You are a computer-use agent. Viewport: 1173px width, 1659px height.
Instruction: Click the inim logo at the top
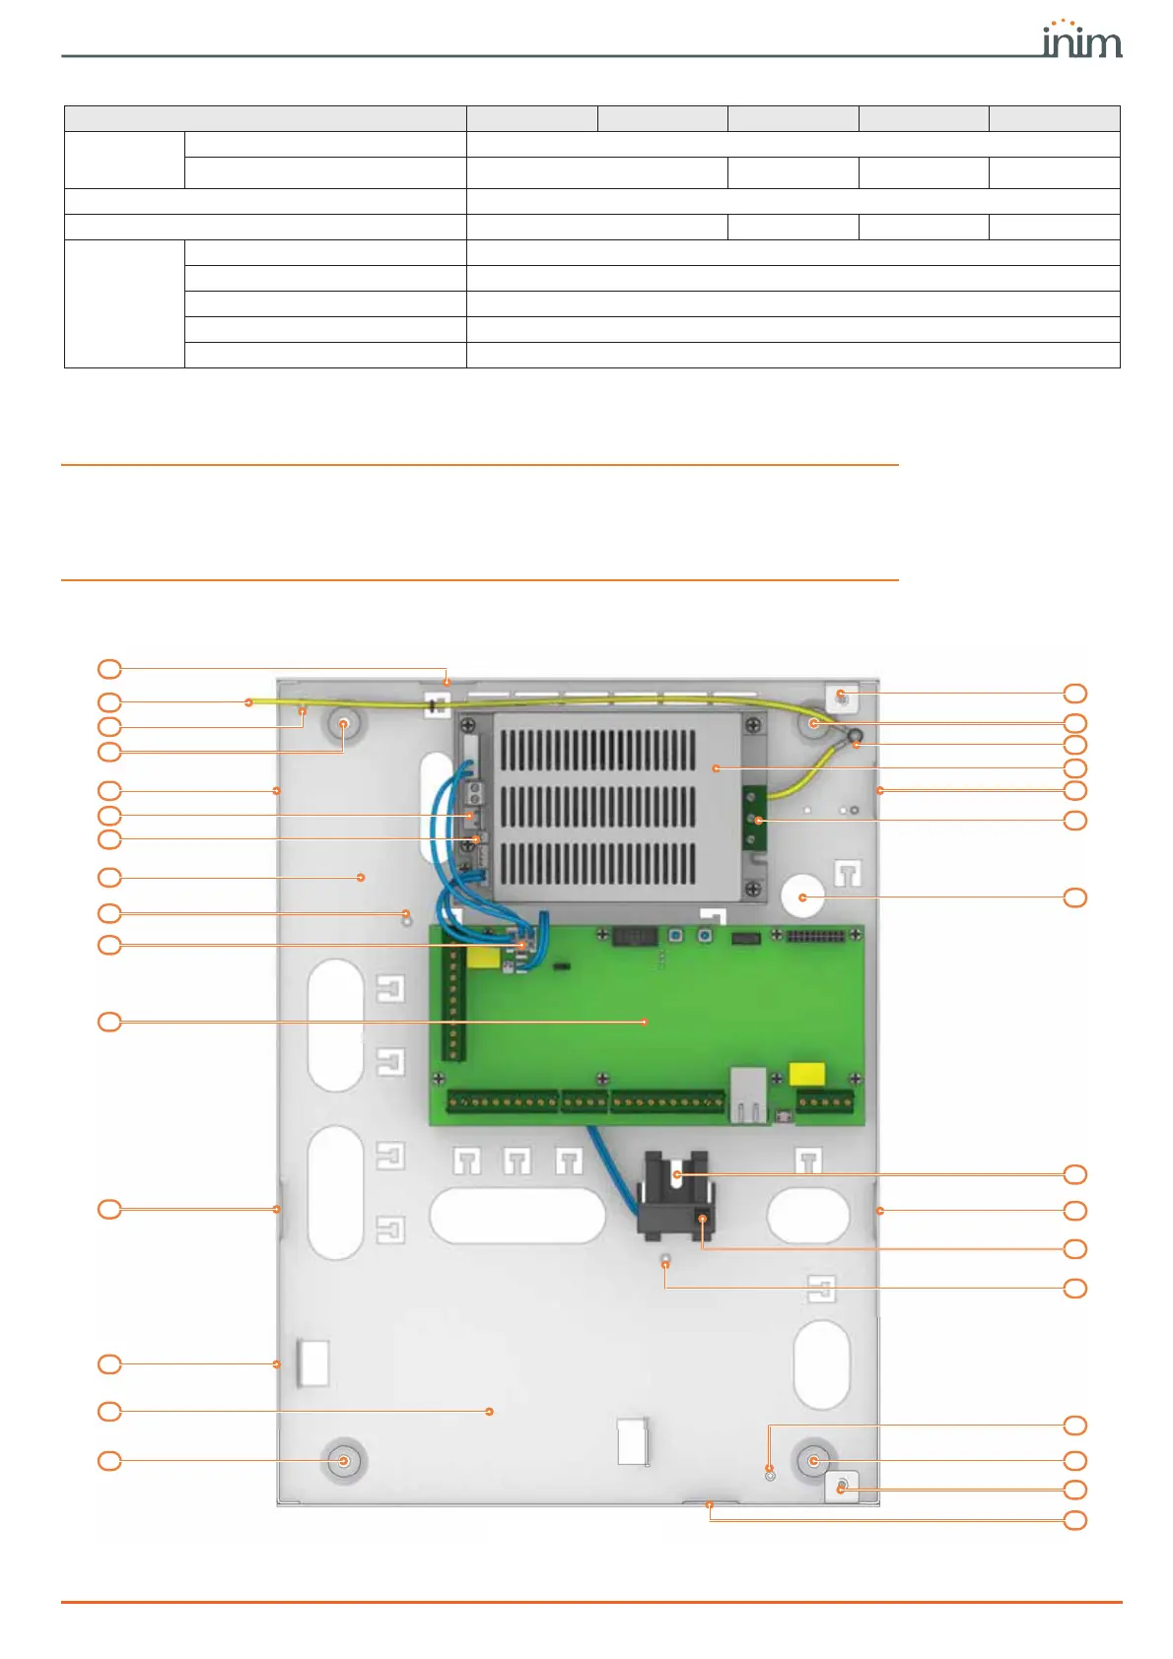[1081, 40]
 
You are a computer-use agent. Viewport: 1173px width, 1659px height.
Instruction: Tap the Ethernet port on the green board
[748, 1094]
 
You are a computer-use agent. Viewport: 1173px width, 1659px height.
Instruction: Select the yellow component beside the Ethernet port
[807, 1074]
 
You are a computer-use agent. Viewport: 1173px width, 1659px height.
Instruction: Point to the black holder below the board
[675, 1194]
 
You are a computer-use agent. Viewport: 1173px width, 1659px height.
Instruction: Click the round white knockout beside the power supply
[802, 896]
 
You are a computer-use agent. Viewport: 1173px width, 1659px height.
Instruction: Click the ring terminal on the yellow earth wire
[855, 735]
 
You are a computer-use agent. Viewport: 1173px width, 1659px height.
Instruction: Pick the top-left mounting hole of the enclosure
[344, 724]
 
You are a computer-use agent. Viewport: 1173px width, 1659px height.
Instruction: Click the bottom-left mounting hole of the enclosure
[344, 1460]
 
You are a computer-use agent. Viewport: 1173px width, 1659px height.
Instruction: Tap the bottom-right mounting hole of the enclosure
[813, 1460]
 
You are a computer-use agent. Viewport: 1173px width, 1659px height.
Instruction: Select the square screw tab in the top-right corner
[841, 697]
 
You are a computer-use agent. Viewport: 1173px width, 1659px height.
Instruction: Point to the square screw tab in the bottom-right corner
[841, 1487]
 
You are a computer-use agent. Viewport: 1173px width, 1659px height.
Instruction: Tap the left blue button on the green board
[676, 935]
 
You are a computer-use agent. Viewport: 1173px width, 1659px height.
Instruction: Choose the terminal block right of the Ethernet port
[825, 1102]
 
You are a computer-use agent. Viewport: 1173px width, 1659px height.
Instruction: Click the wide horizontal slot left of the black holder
[517, 1215]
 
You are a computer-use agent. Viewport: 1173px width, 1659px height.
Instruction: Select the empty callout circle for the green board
[109, 1022]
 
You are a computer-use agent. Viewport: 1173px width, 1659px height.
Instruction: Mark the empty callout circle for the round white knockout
[1075, 897]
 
